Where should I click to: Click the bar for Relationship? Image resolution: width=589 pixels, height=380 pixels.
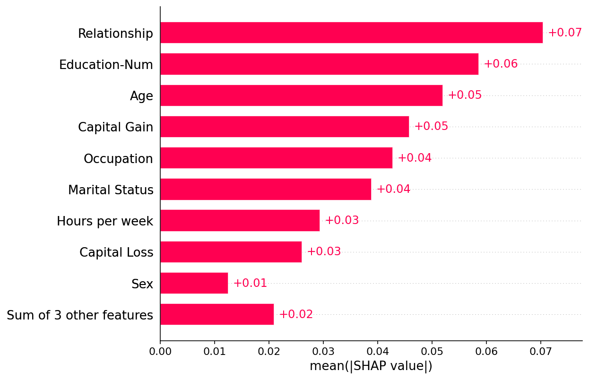351,33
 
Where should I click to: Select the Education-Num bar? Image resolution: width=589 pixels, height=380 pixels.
319,64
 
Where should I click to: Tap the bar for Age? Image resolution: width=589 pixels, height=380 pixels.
301,95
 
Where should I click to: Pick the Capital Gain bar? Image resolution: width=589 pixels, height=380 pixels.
285,127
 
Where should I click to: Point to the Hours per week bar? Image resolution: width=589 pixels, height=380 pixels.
240,220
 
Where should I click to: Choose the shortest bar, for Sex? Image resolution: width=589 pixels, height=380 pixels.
194,283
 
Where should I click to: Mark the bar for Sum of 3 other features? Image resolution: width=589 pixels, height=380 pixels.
217,314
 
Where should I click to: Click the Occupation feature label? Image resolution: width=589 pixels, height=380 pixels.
118,159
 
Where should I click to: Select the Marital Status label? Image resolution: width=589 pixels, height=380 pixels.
111,190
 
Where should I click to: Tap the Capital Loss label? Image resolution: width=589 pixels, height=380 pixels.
116,252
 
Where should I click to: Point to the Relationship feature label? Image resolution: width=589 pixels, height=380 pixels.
115,34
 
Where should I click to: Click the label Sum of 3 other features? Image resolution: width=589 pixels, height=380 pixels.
80,315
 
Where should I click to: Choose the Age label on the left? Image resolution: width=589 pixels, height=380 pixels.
141,96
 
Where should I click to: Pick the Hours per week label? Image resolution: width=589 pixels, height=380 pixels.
105,221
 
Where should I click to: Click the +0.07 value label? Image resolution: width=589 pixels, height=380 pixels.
564,33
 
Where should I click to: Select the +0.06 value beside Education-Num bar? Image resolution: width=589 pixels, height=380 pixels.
501,64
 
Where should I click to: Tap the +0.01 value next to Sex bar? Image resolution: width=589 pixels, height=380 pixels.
250,283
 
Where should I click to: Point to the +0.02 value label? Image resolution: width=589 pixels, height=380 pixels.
296,314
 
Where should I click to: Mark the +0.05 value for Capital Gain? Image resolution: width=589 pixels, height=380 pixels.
431,127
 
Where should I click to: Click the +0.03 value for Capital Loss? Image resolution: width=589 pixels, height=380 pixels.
324,251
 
